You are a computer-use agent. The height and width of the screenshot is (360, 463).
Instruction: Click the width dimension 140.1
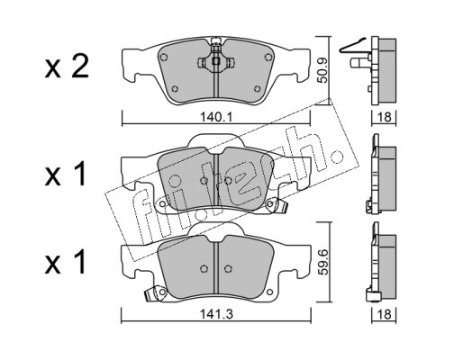click(216, 117)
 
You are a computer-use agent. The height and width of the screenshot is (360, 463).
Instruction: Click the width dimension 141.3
click(216, 315)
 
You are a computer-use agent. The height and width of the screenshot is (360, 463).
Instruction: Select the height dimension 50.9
click(322, 71)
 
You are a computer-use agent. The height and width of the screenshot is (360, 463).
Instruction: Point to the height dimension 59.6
click(323, 262)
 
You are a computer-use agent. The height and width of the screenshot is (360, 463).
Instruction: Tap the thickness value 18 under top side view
click(385, 117)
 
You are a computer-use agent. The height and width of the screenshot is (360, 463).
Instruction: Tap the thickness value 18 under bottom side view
click(385, 315)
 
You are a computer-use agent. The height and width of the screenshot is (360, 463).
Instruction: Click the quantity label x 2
click(67, 67)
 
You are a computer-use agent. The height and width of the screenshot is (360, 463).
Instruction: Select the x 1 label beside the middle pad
click(66, 175)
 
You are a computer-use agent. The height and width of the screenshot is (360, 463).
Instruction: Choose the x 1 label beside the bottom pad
click(66, 264)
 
